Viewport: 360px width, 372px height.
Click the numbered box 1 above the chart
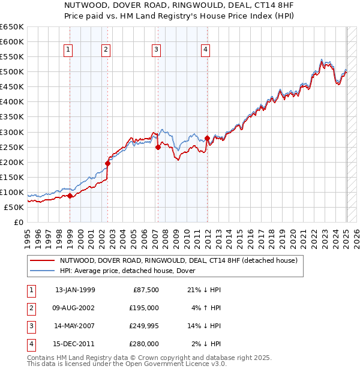coord(69,50)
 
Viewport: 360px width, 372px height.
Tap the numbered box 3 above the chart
coord(156,50)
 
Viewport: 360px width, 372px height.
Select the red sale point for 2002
coord(108,163)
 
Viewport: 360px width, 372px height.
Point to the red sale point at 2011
coord(207,138)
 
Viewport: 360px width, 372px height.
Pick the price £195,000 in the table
coord(144,308)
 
